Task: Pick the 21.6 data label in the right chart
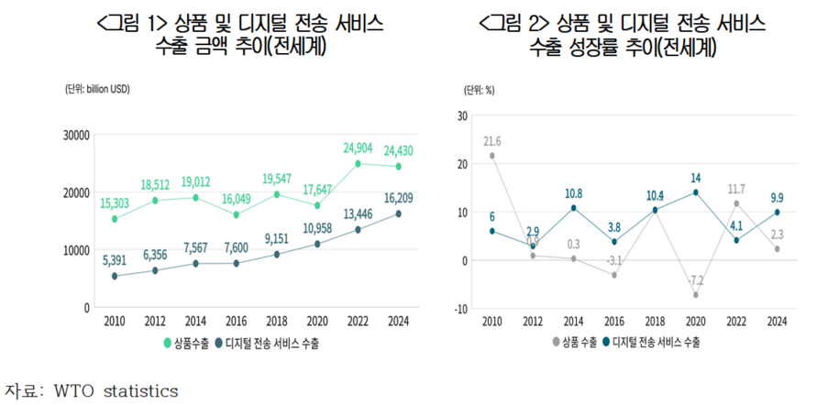click(x=492, y=140)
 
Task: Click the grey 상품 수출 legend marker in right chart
click(x=556, y=343)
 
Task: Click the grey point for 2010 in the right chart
click(x=491, y=156)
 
